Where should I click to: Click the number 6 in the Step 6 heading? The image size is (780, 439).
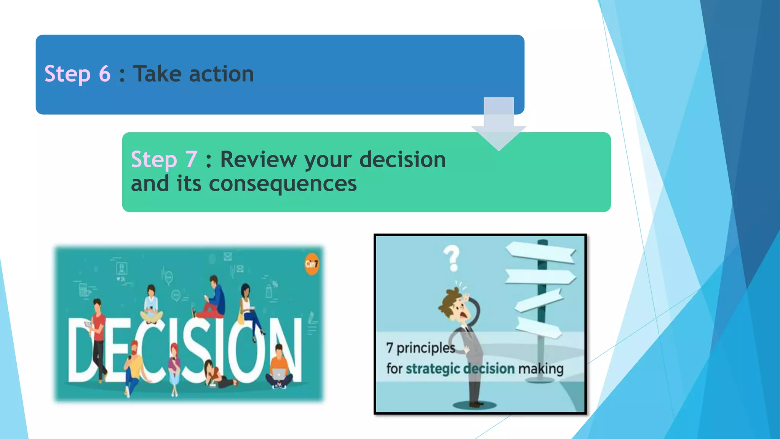pos(104,74)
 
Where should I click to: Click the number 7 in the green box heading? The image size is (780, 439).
pos(191,159)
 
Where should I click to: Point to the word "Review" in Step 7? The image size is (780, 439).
pos(258,159)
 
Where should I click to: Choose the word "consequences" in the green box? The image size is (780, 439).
pos(283,184)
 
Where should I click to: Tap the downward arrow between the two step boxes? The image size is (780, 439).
pos(499,126)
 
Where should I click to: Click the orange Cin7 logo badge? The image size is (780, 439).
pos(311,264)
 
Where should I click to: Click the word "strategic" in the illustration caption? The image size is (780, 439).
pos(433,369)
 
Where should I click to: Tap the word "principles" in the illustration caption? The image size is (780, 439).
pos(426,348)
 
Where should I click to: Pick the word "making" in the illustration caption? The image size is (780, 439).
pos(540,369)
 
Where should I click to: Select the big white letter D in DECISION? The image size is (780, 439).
pos(81,351)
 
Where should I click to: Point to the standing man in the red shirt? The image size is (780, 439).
pos(98,335)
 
